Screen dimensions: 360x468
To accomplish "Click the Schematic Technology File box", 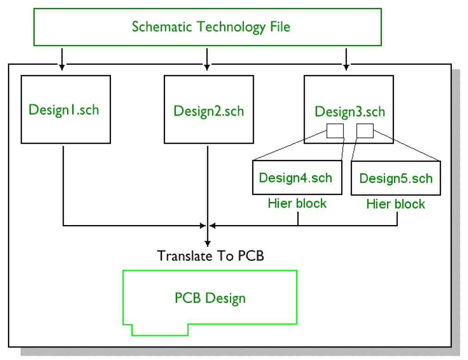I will (x=207, y=27).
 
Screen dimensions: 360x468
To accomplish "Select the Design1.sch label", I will (x=64, y=110).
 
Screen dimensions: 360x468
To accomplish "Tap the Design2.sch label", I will (x=209, y=111).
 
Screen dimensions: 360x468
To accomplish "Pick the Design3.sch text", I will (x=350, y=111).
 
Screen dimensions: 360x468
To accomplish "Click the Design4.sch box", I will (x=296, y=177).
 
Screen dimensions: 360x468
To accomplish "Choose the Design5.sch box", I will (x=396, y=178).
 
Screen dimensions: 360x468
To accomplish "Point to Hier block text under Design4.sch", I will (x=297, y=203).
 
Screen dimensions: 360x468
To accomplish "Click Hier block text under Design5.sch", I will (x=395, y=204).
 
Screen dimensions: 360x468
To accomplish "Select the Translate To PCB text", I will (x=210, y=256).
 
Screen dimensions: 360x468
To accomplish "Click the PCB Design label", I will (x=210, y=298).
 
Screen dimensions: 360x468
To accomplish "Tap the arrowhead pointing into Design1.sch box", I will (x=62, y=67).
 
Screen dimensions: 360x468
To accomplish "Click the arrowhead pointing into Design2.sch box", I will (x=207, y=67).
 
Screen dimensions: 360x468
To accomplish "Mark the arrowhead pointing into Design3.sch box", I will (x=345, y=67).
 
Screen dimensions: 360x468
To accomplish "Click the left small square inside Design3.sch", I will (x=335, y=131).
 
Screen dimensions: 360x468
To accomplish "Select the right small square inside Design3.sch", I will (x=365, y=131).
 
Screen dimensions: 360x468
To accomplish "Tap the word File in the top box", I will (x=280, y=26).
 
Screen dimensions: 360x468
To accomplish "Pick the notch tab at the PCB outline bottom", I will (x=160, y=329).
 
